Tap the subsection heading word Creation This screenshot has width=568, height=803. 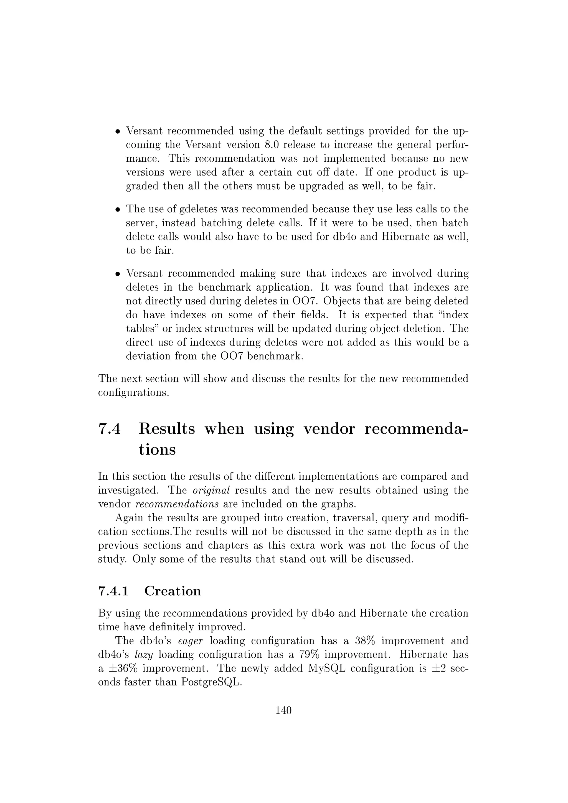173,591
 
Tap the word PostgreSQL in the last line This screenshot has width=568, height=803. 211,682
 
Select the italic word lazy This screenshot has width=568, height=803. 144,655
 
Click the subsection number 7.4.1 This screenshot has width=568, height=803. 114,591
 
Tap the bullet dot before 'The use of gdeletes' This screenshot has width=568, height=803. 118,210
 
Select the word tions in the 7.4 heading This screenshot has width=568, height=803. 157,449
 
